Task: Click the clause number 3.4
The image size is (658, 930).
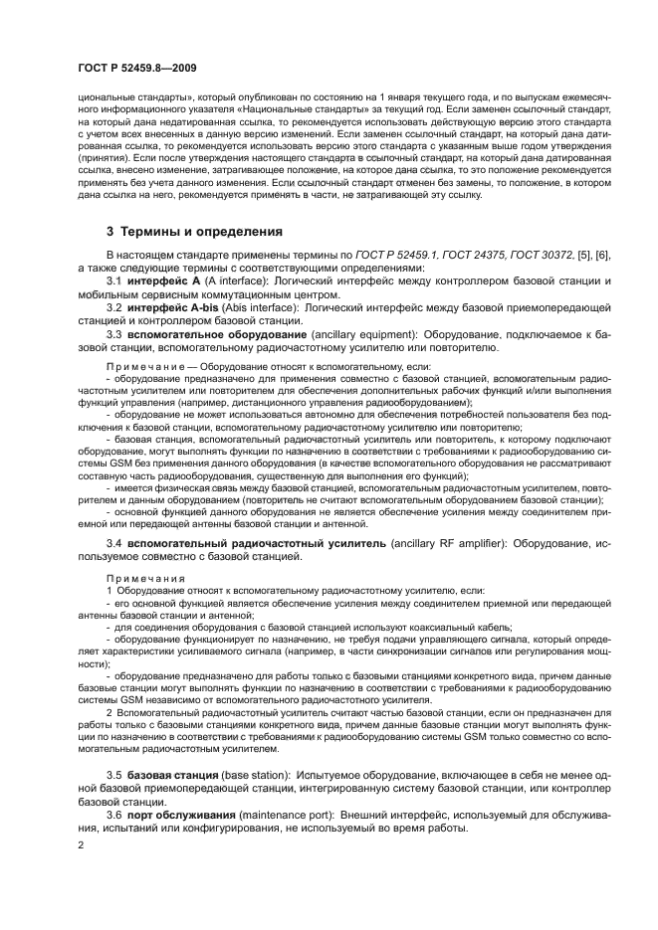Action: pos(113,544)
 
